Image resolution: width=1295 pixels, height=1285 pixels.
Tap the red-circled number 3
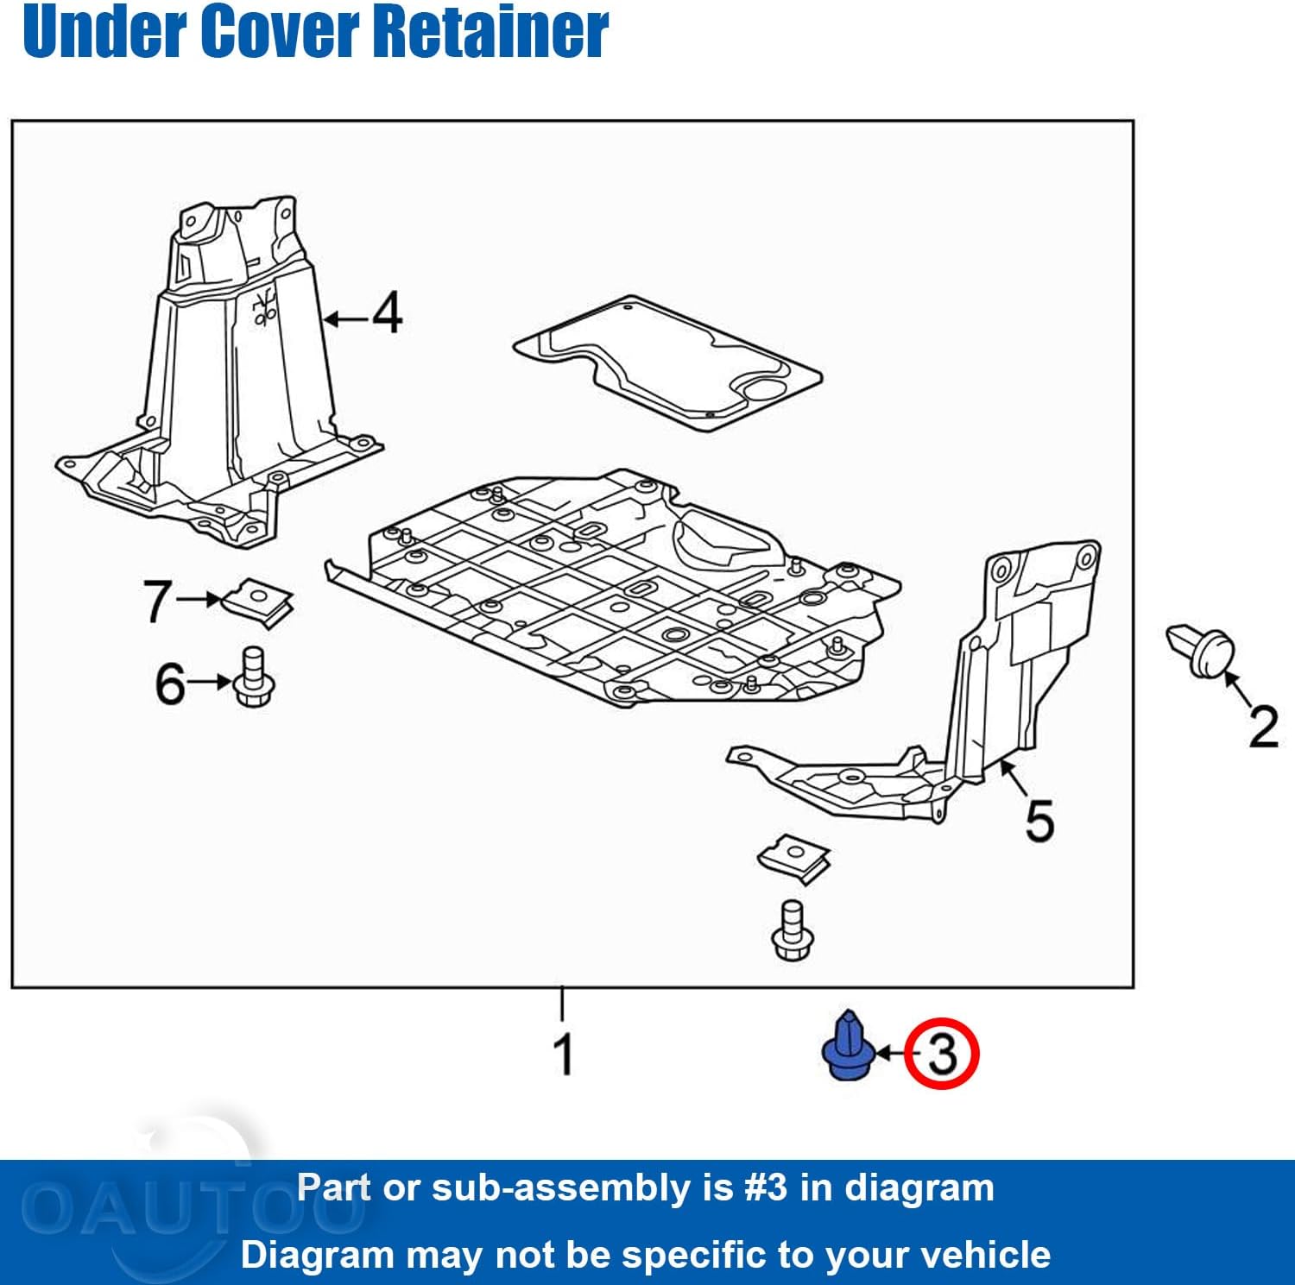pyautogui.click(x=942, y=1054)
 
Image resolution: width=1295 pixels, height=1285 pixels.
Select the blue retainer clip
pyautogui.click(x=848, y=1046)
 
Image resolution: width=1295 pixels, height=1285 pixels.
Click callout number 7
pyautogui.click(x=157, y=602)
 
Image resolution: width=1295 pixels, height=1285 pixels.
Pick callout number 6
pyautogui.click(x=170, y=683)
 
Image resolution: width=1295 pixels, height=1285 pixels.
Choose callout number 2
pyautogui.click(x=1264, y=727)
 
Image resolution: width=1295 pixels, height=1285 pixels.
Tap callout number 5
pyautogui.click(x=1039, y=821)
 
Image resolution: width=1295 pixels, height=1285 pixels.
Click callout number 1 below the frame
pyautogui.click(x=564, y=1054)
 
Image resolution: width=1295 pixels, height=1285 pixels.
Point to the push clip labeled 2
pyautogui.click(x=1201, y=650)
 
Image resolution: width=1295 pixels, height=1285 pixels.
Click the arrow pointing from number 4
pyautogui.click(x=346, y=319)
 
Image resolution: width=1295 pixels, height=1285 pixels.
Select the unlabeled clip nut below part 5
pyautogui.click(x=794, y=860)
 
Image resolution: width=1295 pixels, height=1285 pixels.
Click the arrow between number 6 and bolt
pyautogui.click(x=210, y=683)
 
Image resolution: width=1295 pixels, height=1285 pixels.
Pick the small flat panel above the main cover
pyautogui.click(x=667, y=361)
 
